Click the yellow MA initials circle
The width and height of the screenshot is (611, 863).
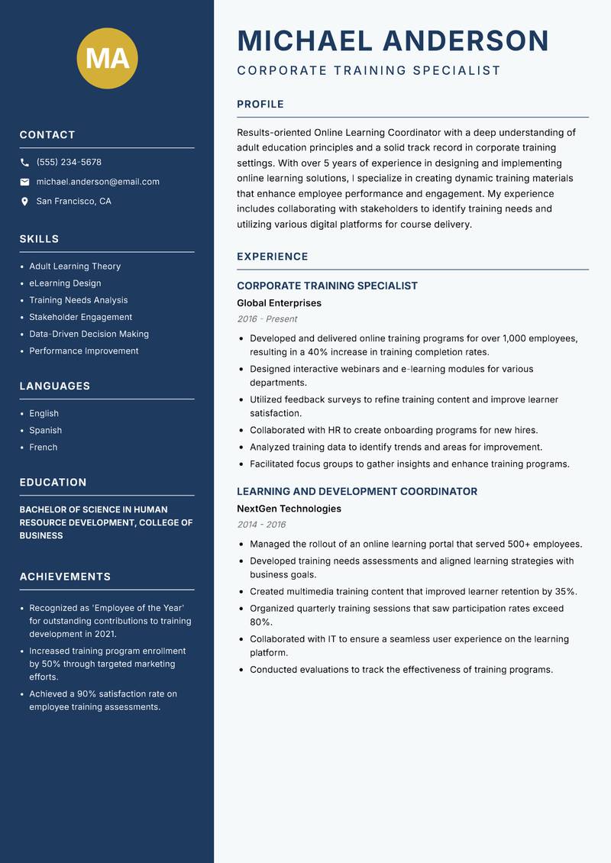(108, 58)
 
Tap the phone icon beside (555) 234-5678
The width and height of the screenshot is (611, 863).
(24, 163)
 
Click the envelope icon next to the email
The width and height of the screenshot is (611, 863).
(24, 182)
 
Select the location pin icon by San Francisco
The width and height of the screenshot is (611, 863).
(24, 202)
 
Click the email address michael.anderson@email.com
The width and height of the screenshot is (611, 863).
(98, 182)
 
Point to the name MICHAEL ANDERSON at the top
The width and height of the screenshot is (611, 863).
(393, 40)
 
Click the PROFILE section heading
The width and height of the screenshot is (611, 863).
(260, 105)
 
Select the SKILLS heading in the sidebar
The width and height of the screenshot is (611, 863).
(39, 239)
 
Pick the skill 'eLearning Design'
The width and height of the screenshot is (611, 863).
(65, 283)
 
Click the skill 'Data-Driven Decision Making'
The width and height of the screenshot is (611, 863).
(89, 334)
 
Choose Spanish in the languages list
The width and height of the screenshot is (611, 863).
(45, 430)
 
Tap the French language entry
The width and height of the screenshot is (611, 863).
(43, 447)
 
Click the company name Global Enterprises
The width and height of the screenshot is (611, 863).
(279, 303)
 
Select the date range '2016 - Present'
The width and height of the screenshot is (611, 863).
(267, 319)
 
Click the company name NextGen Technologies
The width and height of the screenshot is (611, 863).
(289, 509)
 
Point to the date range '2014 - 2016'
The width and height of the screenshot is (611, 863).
(261, 525)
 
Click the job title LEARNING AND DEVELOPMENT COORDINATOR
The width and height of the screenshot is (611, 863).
(357, 492)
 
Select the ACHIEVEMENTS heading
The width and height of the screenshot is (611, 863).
(65, 577)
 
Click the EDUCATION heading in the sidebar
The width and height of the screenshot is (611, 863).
(53, 483)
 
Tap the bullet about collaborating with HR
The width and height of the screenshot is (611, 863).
(393, 430)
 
